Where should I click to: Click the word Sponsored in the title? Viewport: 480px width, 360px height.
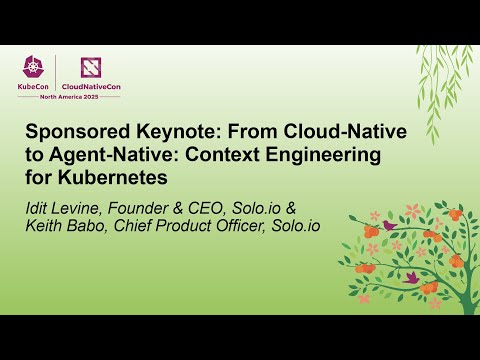(70, 133)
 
